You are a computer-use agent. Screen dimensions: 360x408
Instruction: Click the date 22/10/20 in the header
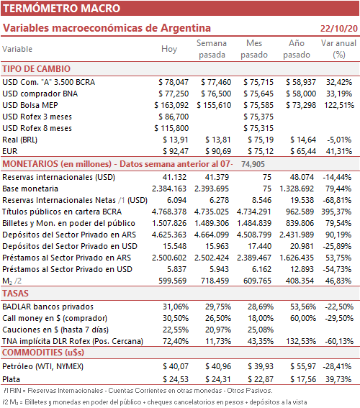339,28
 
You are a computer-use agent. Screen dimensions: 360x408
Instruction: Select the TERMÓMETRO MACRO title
61,9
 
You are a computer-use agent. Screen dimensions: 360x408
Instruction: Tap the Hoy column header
169,49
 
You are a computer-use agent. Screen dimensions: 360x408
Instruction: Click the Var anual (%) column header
338,49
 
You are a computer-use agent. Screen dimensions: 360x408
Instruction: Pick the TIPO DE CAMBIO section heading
37,68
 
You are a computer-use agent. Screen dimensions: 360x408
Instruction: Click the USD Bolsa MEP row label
30,105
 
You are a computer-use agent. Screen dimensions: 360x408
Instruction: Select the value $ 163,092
171,105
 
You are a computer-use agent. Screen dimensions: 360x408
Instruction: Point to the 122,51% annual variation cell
339,105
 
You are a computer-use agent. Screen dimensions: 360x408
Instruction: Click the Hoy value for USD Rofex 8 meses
171,128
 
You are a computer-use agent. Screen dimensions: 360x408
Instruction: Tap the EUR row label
10,151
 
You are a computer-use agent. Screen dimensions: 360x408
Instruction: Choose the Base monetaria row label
30,189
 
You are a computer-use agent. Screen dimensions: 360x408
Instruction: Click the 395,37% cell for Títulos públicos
336,212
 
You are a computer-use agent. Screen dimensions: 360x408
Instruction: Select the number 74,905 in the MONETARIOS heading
253,164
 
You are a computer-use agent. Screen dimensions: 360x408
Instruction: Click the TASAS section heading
15,294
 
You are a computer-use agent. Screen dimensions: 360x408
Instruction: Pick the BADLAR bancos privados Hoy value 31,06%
176,307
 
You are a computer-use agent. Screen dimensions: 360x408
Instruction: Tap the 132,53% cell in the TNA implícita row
301,341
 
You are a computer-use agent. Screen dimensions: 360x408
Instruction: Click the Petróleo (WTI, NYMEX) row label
42,366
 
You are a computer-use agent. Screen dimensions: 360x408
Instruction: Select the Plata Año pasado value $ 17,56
303,379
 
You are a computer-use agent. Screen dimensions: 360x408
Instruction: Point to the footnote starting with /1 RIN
138,391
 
